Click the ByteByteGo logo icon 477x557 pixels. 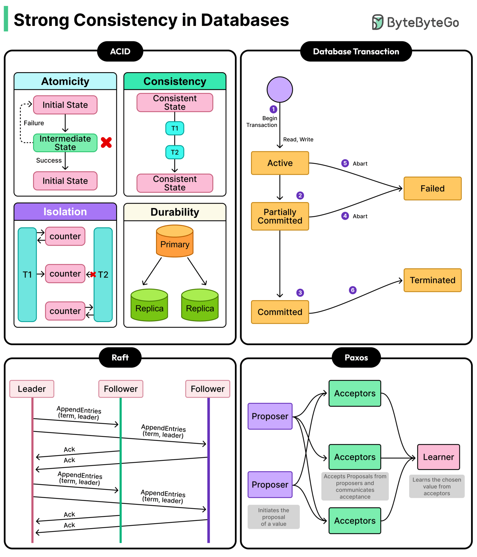click(377, 22)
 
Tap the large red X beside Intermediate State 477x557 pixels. click(106, 142)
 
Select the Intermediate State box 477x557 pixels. click(65, 143)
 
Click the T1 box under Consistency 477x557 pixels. click(175, 128)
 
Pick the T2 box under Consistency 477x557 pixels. click(175, 152)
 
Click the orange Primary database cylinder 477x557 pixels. click(175, 241)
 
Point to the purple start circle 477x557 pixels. click(280, 90)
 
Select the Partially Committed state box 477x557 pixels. click(280, 216)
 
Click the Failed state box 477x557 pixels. click(432, 189)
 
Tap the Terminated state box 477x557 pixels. click(432, 280)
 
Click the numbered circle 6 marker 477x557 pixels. click(353, 290)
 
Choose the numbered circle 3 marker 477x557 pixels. click(300, 293)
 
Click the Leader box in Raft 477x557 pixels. click(32, 389)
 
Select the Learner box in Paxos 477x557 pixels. click(438, 457)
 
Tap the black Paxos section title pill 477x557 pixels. click(356, 358)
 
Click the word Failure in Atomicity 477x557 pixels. click(34, 123)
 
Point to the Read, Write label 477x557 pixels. click(298, 139)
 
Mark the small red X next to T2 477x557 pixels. click(93, 275)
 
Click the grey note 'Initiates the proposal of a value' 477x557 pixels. click(274, 517)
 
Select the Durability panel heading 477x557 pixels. click(175, 212)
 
